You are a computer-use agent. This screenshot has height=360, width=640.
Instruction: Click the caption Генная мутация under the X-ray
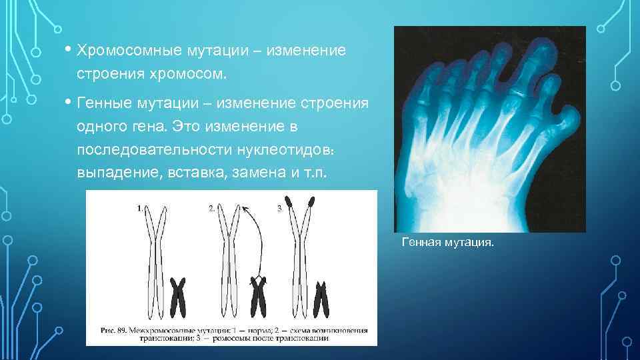tap(447, 243)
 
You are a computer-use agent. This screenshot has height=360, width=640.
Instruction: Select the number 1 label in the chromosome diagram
tap(139, 208)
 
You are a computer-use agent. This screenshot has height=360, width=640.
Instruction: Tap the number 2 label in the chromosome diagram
tap(212, 208)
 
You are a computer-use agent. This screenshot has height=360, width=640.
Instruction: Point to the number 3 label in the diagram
tap(279, 208)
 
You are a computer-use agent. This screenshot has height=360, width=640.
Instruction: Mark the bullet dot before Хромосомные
tap(69, 50)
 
